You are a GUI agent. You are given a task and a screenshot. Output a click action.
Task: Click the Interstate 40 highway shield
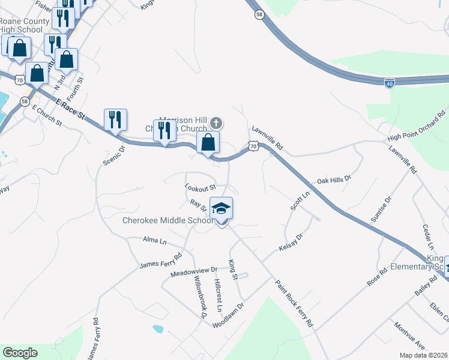pos(390,83)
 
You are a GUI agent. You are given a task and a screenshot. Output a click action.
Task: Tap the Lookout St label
pos(200,188)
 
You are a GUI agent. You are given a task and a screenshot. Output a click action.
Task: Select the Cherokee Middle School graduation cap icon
pos(221,208)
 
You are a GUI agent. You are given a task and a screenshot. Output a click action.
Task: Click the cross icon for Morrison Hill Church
pos(216,124)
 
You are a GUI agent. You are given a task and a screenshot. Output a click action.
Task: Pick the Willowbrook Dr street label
pos(200,296)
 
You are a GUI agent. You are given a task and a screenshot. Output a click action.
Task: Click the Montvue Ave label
pos(409,339)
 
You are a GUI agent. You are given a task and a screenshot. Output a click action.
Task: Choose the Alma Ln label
pos(154,241)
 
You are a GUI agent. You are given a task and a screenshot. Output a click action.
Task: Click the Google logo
pos(20,353)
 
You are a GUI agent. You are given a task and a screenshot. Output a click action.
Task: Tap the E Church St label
pos(47,116)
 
